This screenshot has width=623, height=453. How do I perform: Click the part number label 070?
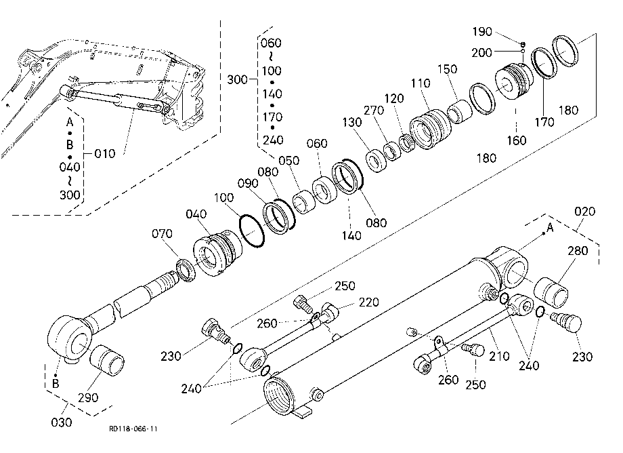pyautogui.click(x=162, y=233)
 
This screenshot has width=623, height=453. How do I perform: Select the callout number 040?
pyautogui.click(x=196, y=214)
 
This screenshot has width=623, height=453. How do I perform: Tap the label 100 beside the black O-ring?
pyautogui.click(x=223, y=197)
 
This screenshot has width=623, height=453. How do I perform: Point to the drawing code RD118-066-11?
pyautogui.click(x=133, y=429)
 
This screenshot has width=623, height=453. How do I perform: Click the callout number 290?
pyautogui.click(x=88, y=397)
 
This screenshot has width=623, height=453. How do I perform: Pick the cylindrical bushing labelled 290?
pyautogui.click(x=107, y=360)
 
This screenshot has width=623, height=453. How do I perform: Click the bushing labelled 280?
pyautogui.click(x=551, y=293)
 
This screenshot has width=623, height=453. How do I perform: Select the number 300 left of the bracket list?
pyautogui.click(x=237, y=79)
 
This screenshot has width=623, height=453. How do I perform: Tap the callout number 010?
pyautogui.click(x=104, y=153)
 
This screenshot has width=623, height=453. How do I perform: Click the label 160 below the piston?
pyautogui.click(x=517, y=140)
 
